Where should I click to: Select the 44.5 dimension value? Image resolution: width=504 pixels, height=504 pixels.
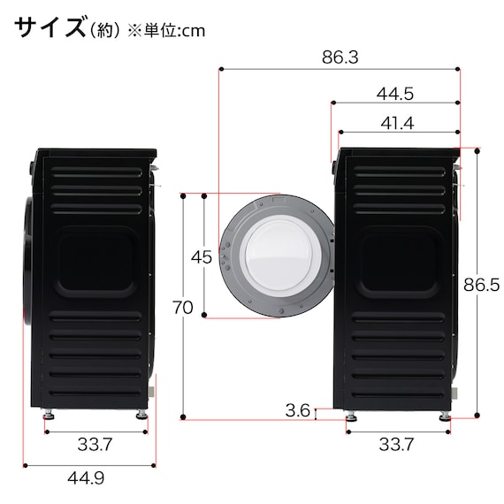[395, 92]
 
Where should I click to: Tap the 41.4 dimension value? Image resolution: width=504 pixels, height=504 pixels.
[396, 124]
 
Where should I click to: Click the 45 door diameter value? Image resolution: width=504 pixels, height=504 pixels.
[202, 258]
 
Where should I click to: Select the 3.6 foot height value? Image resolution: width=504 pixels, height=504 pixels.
[298, 410]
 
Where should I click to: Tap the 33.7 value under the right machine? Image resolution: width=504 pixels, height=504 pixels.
[395, 445]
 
